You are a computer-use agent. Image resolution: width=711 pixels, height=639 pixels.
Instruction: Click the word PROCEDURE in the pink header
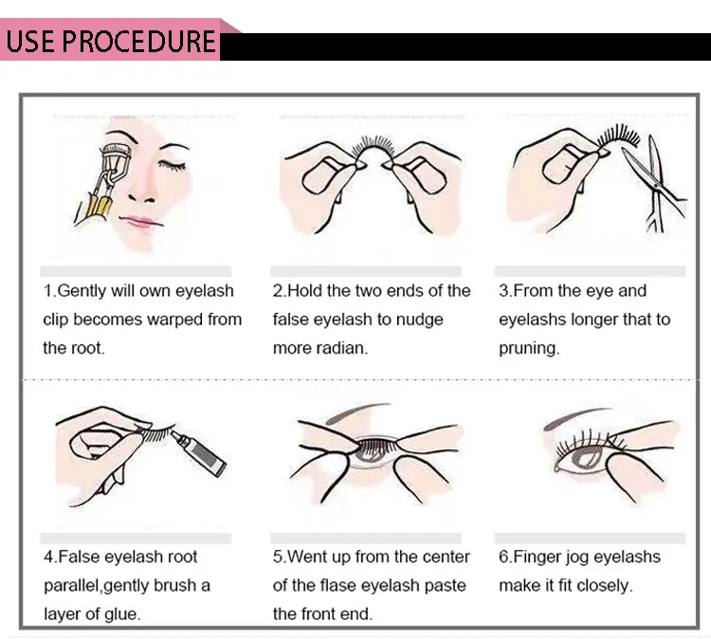coord(137,41)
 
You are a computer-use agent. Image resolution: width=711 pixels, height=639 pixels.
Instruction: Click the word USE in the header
coord(30,41)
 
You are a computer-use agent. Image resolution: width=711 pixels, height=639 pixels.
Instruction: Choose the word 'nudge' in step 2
coord(419,320)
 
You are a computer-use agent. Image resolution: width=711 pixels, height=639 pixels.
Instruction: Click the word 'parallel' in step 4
coord(73,586)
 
